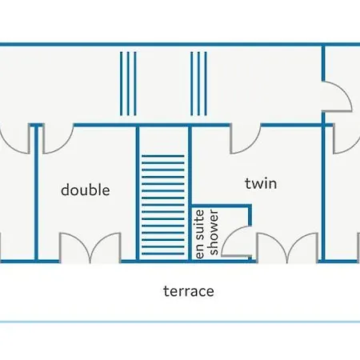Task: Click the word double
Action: (86, 190)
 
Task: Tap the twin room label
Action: (261, 183)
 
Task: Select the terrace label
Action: (189, 291)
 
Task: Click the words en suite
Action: (200, 234)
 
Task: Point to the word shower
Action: (214, 233)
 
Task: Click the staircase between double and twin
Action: (163, 205)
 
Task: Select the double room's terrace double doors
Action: (90, 247)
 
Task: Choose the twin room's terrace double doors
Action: (287, 247)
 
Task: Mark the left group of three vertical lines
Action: (128, 83)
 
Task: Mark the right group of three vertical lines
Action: (198, 83)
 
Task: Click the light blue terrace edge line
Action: (180, 322)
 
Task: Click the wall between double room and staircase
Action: (138, 194)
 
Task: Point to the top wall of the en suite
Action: (221, 206)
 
